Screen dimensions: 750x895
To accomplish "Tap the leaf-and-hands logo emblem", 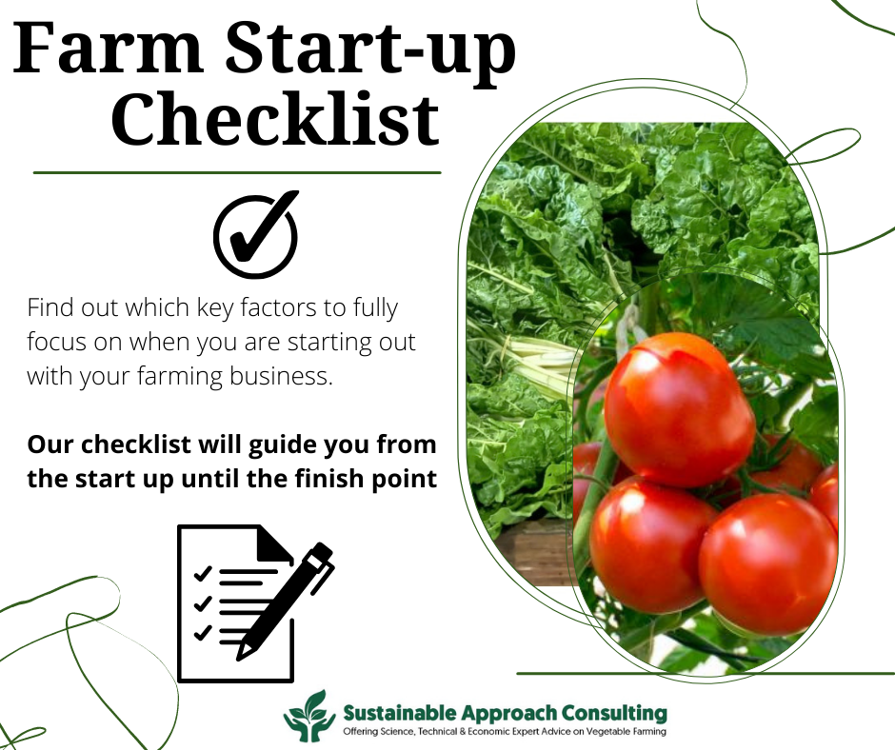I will tap(309, 716).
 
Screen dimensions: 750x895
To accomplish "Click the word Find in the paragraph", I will tap(51, 308).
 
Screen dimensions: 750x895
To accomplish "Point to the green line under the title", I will tap(237, 173).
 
